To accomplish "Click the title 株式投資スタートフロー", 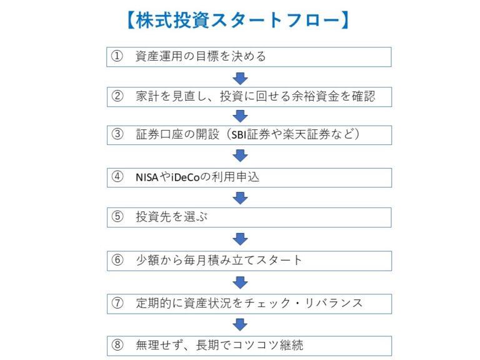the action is coord(238,21).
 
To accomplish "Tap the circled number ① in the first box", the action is coord(117,56).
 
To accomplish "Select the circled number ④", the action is coord(117,177).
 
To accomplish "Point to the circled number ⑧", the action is coord(117,345).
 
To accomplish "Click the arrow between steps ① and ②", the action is coord(240,79).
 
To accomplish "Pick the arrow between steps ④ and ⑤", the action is coord(240,198).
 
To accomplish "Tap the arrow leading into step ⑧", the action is coord(240,325).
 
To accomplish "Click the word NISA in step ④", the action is coord(147,177).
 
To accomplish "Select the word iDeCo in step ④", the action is coord(185,177).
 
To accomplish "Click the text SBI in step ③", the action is coord(239,135).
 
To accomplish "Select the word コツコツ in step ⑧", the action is coord(256,345).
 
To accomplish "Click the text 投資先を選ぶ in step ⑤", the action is coord(172,217).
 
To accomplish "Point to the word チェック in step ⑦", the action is coord(267,303).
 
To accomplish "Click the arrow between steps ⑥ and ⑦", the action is coord(240,282).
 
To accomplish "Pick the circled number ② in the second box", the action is coord(117,96).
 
